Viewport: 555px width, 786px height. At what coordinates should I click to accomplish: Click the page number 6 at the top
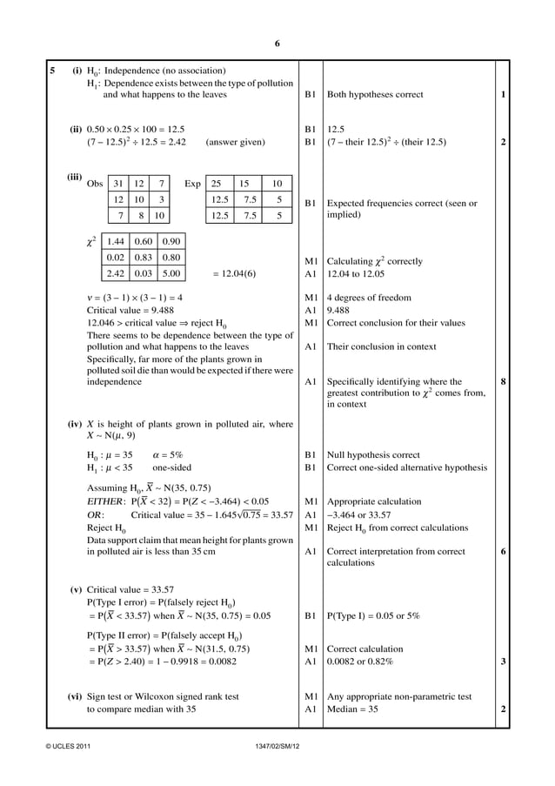(277, 44)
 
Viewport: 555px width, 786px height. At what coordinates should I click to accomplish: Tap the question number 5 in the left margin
(52, 70)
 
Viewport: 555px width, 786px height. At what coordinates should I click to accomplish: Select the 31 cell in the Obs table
(118, 184)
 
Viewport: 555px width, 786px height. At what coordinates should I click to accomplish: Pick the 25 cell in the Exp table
(215, 184)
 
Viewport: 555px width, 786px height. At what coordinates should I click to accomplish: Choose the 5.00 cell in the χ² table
(171, 272)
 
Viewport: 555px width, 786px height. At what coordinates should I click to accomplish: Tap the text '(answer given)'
(236, 142)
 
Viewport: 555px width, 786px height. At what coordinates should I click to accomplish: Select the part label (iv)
(77, 424)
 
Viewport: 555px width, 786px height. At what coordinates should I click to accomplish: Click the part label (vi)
(77, 696)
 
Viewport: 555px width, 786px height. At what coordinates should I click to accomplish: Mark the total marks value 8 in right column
(504, 380)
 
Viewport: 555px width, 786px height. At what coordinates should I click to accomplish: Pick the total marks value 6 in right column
(504, 550)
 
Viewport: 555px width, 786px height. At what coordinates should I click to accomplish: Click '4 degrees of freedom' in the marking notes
(369, 298)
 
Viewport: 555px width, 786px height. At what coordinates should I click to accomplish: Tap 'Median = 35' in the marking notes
(352, 709)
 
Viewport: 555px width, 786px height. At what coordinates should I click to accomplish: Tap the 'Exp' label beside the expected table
(192, 184)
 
